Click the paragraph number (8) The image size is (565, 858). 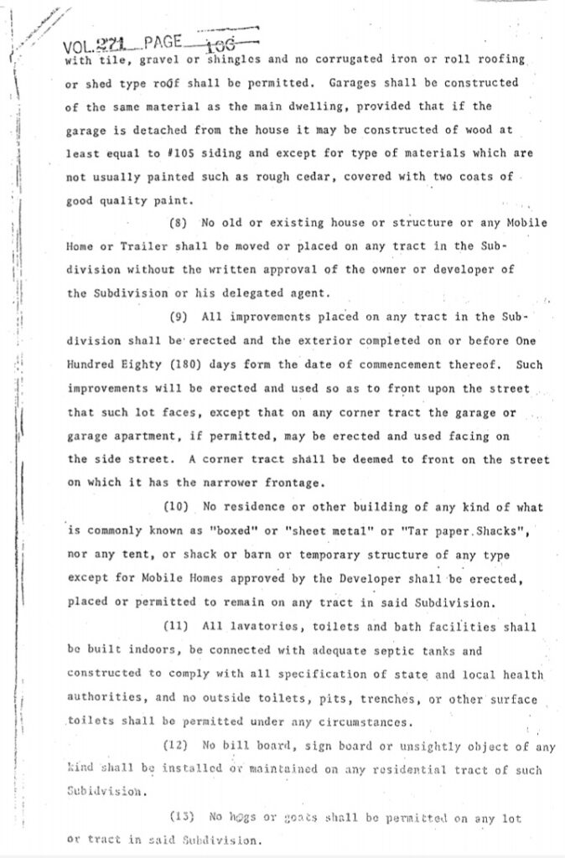coord(180,223)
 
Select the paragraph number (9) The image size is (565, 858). coord(180,317)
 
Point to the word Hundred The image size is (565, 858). coord(91,365)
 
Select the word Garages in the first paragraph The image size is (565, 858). coord(355,84)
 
